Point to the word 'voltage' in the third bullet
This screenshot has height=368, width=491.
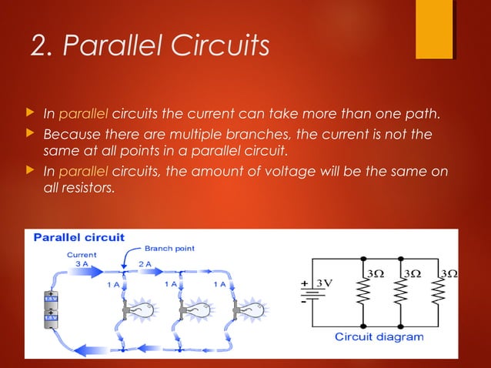(x=275, y=170)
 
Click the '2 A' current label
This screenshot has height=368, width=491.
(x=145, y=263)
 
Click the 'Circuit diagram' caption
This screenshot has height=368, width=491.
(x=379, y=336)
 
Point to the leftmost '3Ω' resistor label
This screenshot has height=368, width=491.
(x=376, y=273)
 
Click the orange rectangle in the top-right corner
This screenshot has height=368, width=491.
(x=433, y=28)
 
